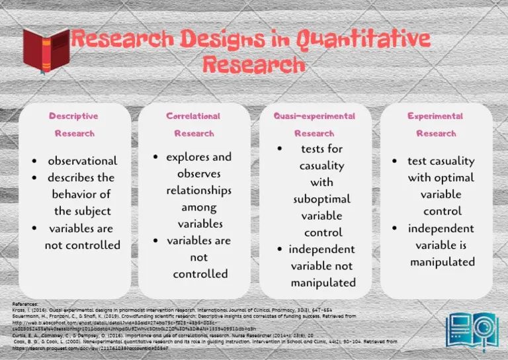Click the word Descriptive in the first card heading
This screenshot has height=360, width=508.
coord(73,116)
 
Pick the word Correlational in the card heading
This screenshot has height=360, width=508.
coord(193,116)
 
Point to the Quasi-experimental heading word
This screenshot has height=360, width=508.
coord(314,116)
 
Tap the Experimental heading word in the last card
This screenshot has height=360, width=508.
coord(435,116)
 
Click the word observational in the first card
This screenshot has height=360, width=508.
coord(82,161)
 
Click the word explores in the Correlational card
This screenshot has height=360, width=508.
coord(187,157)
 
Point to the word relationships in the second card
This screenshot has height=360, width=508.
coord(198,191)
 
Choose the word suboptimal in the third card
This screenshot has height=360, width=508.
coord(322,199)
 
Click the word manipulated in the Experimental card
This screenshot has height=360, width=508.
coord(442,261)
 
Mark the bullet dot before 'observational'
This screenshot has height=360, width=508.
coord(35,161)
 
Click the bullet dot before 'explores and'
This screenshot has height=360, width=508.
coord(155,157)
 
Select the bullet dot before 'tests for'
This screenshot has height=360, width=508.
coord(280,149)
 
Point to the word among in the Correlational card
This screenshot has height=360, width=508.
coord(199,207)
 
